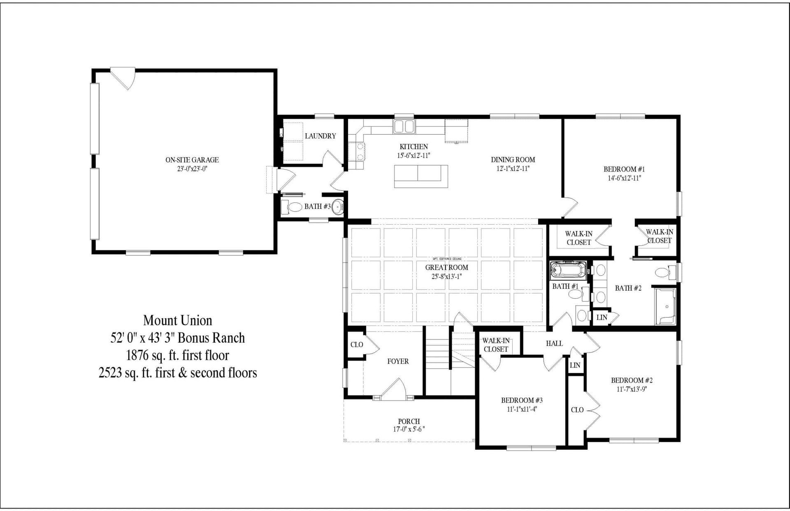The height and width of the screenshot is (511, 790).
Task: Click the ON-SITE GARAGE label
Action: click(x=192, y=160)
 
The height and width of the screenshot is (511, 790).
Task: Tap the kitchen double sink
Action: click(x=404, y=126)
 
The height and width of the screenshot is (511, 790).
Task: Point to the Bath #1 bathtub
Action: click(x=568, y=271)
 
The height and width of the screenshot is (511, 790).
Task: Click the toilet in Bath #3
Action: click(x=293, y=207)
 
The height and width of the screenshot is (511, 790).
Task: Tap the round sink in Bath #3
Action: click(x=337, y=207)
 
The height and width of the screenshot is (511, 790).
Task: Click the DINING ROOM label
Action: click(x=513, y=160)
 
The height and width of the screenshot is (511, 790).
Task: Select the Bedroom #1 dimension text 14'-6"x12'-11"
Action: click(x=624, y=178)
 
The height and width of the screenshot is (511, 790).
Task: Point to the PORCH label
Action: click(x=409, y=421)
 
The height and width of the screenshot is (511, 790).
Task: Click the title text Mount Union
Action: click(x=178, y=320)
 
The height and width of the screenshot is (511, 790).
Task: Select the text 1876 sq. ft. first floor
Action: click(x=178, y=355)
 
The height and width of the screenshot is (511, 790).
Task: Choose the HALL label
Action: click(x=554, y=343)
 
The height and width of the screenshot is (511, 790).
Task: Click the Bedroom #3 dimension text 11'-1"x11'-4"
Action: click(x=521, y=409)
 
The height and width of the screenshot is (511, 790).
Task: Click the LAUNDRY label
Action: click(x=320, y=136)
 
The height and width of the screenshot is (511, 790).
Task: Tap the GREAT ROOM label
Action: click(x=446, y=267)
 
